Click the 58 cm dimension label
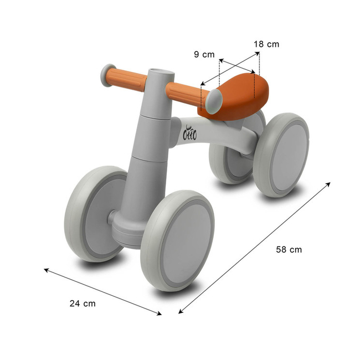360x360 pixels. click(289, 249)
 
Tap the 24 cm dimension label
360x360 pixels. click(83, 303)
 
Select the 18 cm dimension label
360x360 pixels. click(266, 44)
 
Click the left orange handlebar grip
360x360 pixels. click(128, 79)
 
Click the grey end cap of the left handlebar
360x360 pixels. click(107, 72)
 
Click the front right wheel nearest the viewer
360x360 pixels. click(178, 240)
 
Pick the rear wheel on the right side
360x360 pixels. click(281, 155)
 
